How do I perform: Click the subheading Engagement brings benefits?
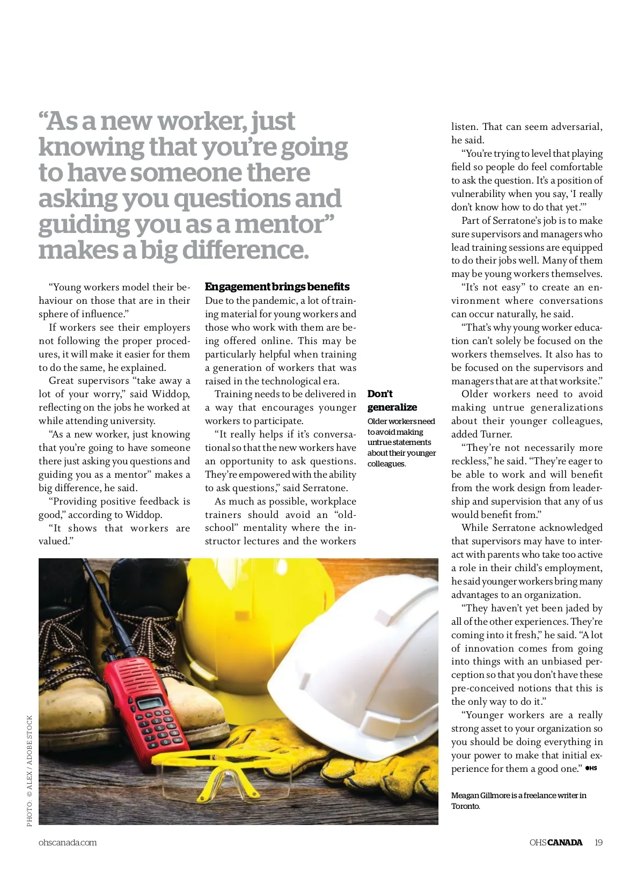[277, 287]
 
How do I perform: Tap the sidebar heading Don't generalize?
[392, 400]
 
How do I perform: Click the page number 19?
[598, 842]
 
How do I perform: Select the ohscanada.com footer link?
[68, 842]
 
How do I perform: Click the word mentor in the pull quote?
[284, 224]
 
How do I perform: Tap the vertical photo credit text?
[30, 770]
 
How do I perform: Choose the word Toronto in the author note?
[465, 806]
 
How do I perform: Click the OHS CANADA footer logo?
[555, 842]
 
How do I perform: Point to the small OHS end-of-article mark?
[591, 768]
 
